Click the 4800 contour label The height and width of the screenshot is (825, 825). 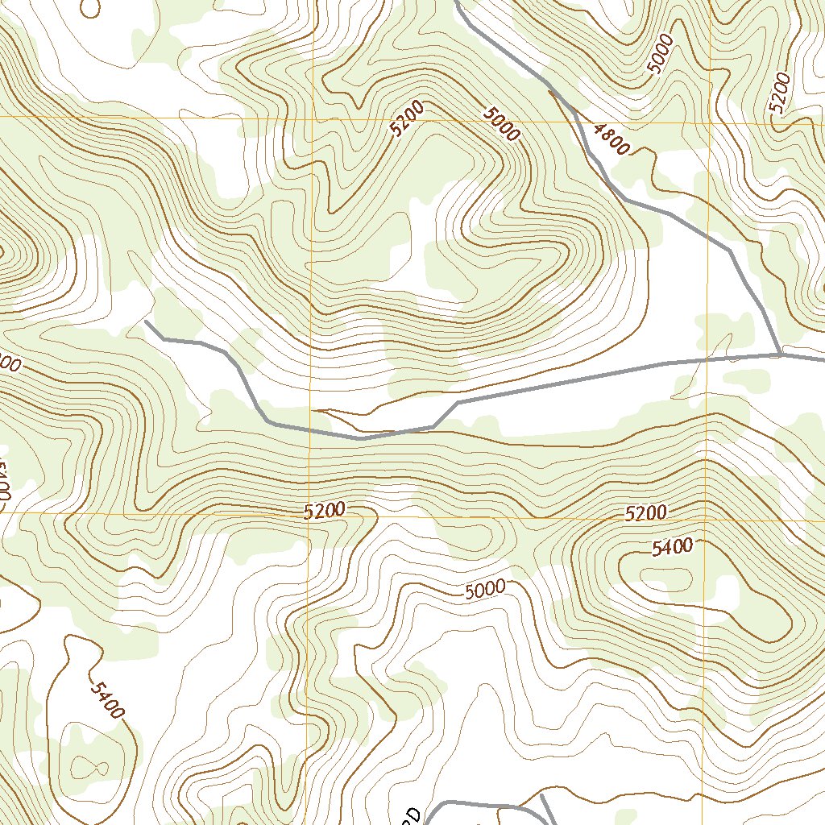(x=609, y=139)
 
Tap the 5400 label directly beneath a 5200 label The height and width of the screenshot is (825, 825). (x=672, y=548)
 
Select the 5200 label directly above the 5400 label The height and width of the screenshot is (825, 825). (x=645, y=512)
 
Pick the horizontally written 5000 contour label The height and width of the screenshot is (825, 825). (x=485, y=590)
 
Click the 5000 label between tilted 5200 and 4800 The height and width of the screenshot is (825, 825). (x=502, y=125)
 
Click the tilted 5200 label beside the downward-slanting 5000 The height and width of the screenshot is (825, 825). (x=404, y=122)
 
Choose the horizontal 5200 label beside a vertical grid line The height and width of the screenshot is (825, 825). (x=325, y=510)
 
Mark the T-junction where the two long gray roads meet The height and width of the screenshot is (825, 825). (x=780, y=354)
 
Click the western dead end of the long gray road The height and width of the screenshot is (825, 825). (x=146, y=322)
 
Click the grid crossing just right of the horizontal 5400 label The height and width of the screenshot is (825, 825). (x=707, y=519)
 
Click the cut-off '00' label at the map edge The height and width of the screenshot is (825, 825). (x=10, y=365)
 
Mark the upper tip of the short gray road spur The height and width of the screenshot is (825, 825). (x=541, y=795)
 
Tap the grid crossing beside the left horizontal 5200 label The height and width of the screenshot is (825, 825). (x=310, y=513)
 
